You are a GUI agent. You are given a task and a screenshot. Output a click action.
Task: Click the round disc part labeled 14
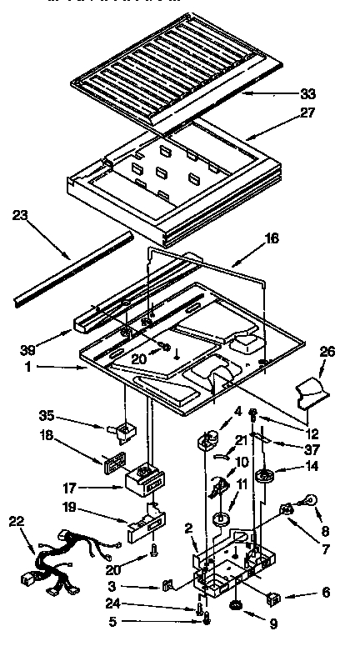click(x=268, y=478)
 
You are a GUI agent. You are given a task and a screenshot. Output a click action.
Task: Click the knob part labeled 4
click(x=211, y=438)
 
